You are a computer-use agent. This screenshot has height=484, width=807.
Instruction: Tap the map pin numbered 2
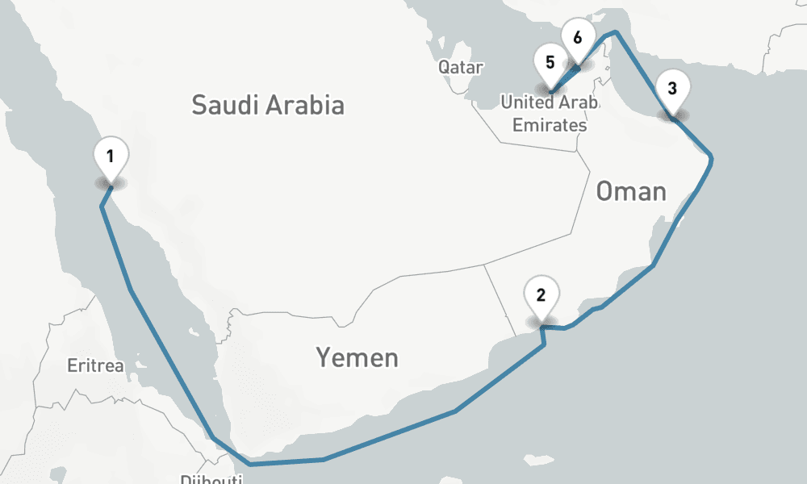pos(541,294)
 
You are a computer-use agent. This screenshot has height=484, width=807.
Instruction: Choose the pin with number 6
pos(577,38)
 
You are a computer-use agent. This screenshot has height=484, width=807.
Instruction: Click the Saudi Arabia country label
pos(268,104)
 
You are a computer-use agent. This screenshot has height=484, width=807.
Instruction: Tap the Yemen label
pos(357,357)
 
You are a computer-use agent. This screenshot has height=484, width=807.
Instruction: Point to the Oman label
pos(631,191)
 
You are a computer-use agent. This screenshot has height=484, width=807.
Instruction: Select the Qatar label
pos(461,67)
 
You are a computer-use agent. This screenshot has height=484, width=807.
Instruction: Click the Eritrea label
pos(96,366)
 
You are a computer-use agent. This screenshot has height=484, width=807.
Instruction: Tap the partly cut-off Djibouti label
pos(211,479)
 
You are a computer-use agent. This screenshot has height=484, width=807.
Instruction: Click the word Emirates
pos(550,125)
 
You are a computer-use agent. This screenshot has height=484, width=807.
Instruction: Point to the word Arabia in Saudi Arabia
pos(306,104)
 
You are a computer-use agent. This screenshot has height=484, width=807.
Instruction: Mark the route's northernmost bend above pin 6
pos(615,32)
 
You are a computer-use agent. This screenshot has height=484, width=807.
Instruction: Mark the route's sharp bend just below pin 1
pos(102,207)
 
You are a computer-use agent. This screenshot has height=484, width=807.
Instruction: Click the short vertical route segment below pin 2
pos(545,336)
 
